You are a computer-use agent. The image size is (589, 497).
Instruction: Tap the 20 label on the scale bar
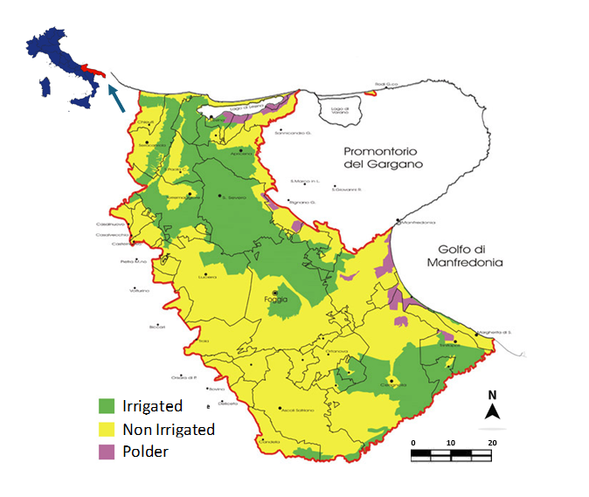[x=493, y=443]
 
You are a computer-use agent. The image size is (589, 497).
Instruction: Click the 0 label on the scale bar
[x=412, y=443]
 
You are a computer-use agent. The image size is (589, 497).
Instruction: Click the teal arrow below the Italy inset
[x=115, y=99]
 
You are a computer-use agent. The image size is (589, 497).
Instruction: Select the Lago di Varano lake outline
[x=335, y=111]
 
